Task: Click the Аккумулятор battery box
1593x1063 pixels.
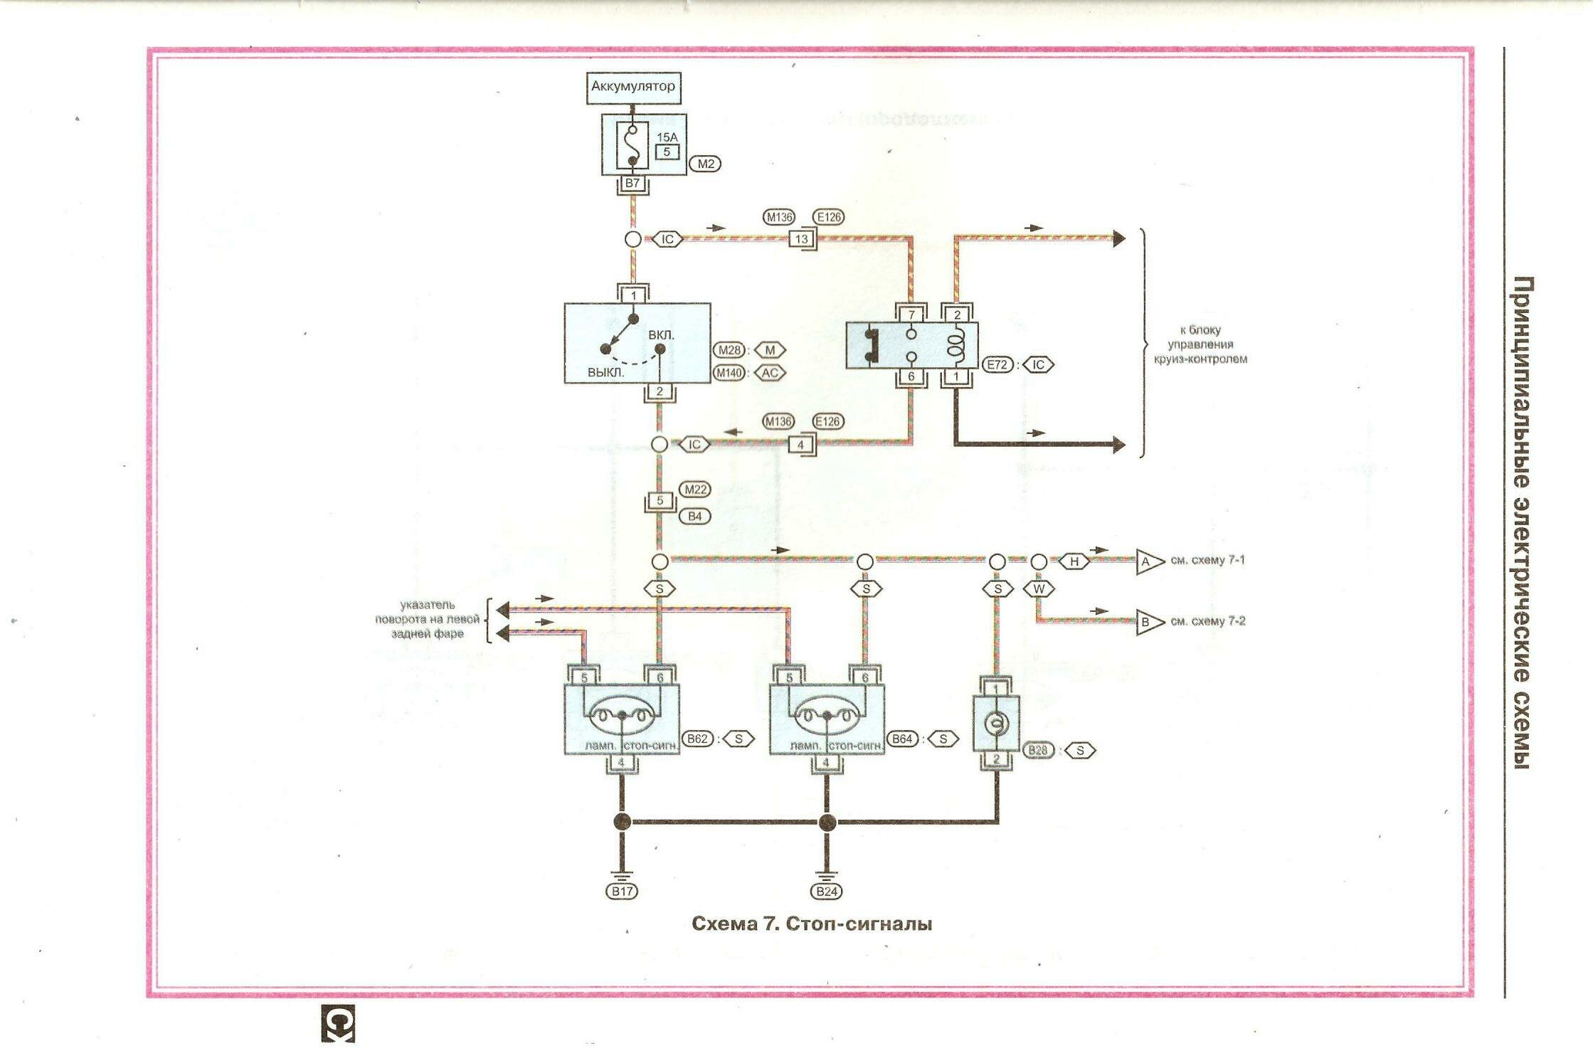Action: click(x=633, y=88)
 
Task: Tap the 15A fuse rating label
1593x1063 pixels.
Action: click(x=667, y=137)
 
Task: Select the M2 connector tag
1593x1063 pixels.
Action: click(x=705, y=164)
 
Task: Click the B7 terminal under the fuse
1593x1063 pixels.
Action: click(x=632, y=184)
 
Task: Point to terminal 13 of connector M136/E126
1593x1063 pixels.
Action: click(x=801, y=239)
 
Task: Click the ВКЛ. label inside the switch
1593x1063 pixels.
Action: click(x=661, y=334)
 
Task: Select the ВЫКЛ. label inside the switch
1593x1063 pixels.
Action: click(x=605, y=372)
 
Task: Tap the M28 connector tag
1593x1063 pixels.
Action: click(x=729, y=350)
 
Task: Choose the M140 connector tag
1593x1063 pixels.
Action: click(x=729, y=373)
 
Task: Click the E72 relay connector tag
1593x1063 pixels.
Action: click(x=997, y=364)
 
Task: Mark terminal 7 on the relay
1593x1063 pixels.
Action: click(x=911, y=314)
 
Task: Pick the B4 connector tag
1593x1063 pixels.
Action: click(x=694, y=516)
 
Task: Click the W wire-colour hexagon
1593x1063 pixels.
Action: click(x=1039, y=589)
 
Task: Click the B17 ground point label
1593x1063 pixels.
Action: click(x=622, y=891)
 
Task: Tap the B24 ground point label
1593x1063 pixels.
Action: click(x=826, y=891)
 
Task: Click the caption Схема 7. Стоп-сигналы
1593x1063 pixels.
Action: click(x=812, y=924)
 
